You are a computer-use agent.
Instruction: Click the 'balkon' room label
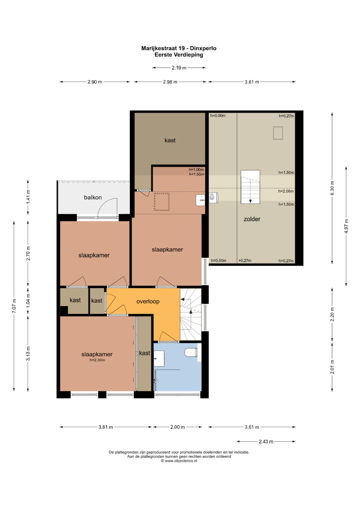[93, 197]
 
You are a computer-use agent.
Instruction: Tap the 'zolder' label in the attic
[252, 219]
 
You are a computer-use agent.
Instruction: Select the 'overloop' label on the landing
[148, 302]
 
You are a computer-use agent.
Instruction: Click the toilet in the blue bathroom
[191, 352]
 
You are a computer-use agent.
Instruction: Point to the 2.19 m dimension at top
[179, 68]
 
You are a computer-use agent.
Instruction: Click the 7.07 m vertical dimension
[14, 306]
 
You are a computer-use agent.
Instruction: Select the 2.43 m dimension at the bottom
[266, 442]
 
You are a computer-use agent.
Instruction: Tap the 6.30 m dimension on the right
[332, 188]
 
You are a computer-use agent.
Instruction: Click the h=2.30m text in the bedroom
[97, 360]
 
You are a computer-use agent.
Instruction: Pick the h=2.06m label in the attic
[286, 191]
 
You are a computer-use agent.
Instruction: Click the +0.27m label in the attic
[245, 261]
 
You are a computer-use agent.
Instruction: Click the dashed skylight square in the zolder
[278, 133]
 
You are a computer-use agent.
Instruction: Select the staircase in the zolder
[250, 187]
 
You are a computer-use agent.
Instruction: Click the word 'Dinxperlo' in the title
[203, 48]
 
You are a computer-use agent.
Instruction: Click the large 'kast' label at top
[170, 140]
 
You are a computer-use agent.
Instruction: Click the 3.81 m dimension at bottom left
[106, 427]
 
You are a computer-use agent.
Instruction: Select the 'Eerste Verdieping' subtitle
[179, 55]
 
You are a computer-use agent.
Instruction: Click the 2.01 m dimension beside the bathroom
[332, 367]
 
